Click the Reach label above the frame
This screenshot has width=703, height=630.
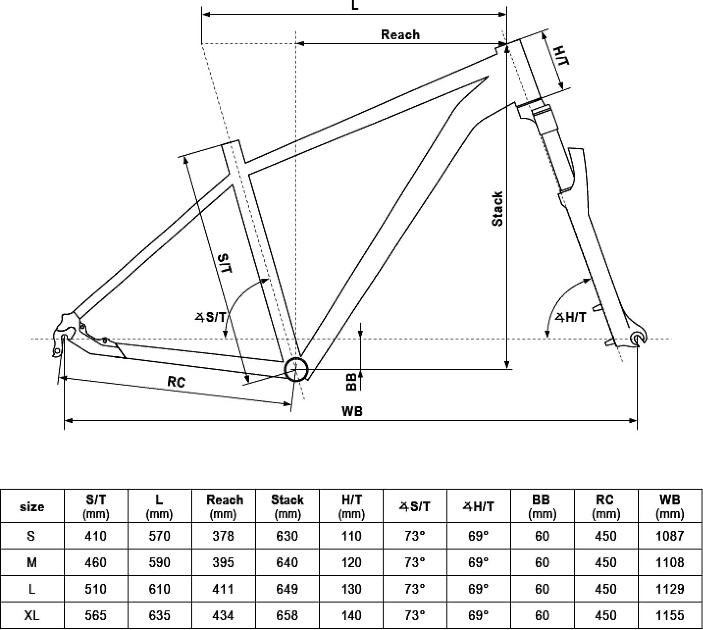click(400, 35)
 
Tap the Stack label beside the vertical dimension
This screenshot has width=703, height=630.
click(497, 209)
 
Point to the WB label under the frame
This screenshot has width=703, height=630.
click(352, 411)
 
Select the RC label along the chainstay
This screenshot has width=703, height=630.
click(176, 382)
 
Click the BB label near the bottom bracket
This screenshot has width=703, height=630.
click(351, 381)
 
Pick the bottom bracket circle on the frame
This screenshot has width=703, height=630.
click(296, 369)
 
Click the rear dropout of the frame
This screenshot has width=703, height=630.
click(64, 335)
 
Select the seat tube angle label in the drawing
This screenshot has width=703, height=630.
click(210, 317)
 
